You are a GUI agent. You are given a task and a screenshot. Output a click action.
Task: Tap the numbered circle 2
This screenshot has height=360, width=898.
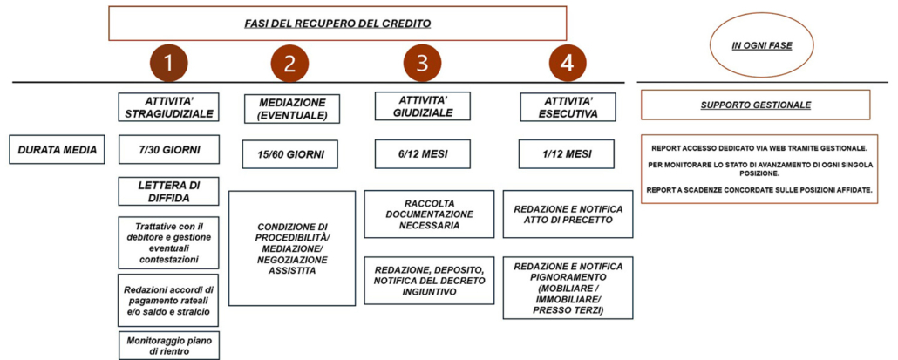coord(289,63)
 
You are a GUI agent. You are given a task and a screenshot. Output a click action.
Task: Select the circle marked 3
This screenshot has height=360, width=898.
coord(422,62)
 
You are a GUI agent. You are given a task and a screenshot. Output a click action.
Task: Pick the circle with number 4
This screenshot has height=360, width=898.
coord(568,62)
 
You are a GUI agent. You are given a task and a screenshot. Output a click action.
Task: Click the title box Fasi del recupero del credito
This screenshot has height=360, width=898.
coord(337,23)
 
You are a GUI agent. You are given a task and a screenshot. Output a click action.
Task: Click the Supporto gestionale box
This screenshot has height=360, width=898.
coord(755,105)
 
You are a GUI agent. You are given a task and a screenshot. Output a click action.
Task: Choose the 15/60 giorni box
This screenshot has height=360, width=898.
coord(291,154)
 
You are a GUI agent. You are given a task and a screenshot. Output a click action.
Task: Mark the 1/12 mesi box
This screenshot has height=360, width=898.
coord(568,153)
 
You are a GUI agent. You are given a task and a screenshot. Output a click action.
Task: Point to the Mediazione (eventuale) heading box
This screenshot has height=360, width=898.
coord(291,108)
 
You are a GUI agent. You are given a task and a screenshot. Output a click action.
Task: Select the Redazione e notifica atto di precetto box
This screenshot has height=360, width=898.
coord(568,214)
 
